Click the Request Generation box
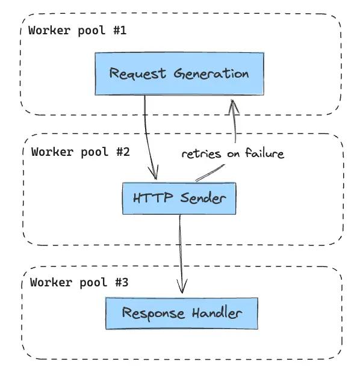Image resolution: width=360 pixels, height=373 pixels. tap(179, 74)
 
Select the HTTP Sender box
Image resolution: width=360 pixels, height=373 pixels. tap(179, 199)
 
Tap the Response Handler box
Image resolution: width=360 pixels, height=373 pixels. tap(182, 313)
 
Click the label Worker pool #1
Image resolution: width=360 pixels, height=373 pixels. tap(77, 31)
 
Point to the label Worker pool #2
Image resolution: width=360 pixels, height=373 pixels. tap(80, 152)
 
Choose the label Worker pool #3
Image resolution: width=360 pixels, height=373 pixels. tap(79, 283)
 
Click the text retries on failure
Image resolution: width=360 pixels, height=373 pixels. tap(232, 153)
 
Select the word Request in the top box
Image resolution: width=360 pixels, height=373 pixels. tap(137, 73)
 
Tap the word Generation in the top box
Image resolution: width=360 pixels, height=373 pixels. tap(211, 73)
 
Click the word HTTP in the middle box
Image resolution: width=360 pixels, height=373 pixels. tap(153, 198)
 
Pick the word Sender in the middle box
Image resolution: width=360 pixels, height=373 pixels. tap(203, 198)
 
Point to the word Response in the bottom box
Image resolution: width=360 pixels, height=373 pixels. tap(153, 313)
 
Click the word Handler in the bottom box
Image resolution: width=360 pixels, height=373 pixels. tap(217, 313)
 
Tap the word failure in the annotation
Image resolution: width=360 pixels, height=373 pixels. tap(265, 153)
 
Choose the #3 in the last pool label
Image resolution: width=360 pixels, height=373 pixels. tap(122, 283)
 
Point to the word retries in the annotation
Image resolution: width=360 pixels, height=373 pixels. tap(201, 154)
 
